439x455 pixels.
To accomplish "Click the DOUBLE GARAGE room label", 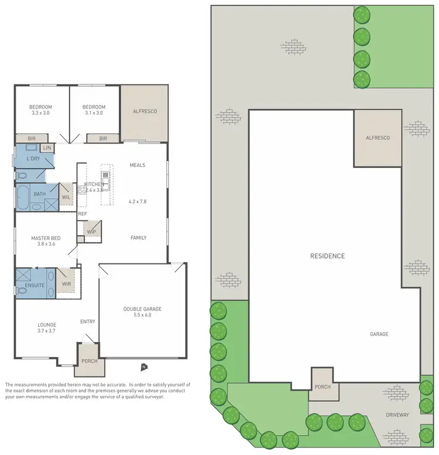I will (x=142, y=309).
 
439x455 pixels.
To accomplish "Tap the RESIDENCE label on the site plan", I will (x=327, y=256).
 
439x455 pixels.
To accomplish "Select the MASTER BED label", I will (x=43, y=238).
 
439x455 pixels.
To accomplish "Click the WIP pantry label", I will (x=91, y=231).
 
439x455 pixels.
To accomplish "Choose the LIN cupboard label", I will (x=47, y=148).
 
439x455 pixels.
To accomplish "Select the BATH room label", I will (x=39, y=193).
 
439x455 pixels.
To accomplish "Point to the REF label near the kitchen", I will (x=83, y=214).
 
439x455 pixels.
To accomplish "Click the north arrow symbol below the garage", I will (x=143, y=367).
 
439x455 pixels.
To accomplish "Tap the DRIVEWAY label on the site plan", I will (x=397, y=415).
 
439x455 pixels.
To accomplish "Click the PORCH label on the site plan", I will (x=323, y=387).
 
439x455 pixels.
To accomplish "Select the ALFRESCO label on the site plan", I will (x=378, y=138).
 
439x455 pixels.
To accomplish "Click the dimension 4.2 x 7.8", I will (x=138, y=201).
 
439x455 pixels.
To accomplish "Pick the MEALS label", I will (x=138, y=165).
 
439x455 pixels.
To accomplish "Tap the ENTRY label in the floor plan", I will (x=88, y=321).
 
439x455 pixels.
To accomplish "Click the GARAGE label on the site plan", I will (x=379, y=334).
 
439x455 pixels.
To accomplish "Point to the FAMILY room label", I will (x=138, y=238).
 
